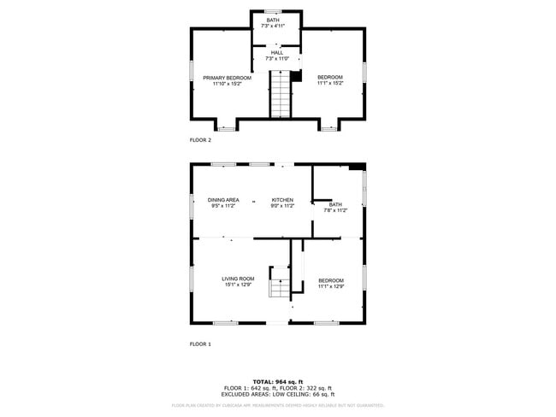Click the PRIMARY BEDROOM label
pyautogui.click(x=227, y=78)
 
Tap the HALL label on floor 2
pyautogui.click(x=276, y=52)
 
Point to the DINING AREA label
pyautogui.click(x=222, y=200)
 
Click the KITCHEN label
pyautogui.click(x=282, y=200)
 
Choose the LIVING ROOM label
pyautogui.click(x=239, y=279)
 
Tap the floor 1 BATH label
pyautogui.click(x=335, y=204)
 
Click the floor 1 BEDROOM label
pyautogui.click(x=331, y=280)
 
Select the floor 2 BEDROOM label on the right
pyautogui.click(x=329, y=78)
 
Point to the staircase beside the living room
pyautogui.click(x=281, y=284)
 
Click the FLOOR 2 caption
pyautogui.click(x=200, y=139)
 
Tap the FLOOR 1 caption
pyautogui.click(x=200, y=344)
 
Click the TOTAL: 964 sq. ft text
pyautogui.click(x=279, y=381)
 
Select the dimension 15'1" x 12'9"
pyautogui.click(x=239, y=285)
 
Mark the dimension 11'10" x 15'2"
pyautogui.click(x=227, y=84)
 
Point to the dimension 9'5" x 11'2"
pyautogui.click(x=222, y=206)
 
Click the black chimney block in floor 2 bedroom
pyautogui.click(x=297, y=76)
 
